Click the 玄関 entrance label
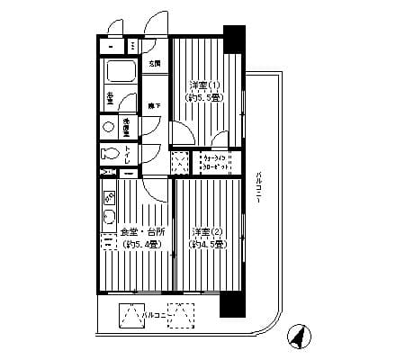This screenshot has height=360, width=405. click(x=154, y=63)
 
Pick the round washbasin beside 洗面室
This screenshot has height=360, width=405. click(x=110, y=127)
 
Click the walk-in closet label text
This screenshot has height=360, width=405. click(x=217, y=162)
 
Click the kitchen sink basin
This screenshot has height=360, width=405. click(x=109, y=214)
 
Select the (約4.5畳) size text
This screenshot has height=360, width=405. click(x=206, y=243)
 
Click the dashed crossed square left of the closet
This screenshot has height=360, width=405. click(x=181, y=162)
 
